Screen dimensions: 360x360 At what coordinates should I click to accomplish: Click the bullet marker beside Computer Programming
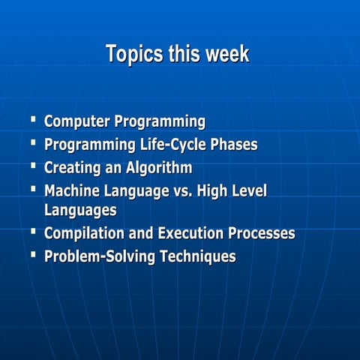[33, 118]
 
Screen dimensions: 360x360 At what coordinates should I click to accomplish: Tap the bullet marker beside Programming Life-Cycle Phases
[33, 142]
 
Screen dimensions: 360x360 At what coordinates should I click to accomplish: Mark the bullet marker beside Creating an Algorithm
[33, 165]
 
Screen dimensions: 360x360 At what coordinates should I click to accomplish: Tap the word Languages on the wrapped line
[80, 210]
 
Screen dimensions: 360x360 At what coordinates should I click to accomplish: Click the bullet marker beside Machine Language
[33, 188]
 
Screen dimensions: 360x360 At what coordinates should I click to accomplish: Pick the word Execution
[197, 233]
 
